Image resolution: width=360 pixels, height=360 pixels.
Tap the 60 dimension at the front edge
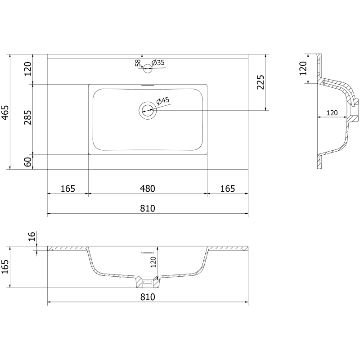28,162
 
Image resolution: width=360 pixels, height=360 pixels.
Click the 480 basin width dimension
147,189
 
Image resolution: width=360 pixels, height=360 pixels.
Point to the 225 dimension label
260,83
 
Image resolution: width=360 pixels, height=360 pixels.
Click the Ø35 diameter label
158,63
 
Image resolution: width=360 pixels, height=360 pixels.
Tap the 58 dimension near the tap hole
138,63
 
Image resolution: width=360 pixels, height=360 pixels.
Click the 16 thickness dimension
31,237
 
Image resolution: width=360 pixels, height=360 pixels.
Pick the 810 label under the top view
147,208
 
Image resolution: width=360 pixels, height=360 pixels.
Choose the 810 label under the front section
147,297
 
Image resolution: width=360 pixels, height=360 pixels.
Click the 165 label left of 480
67,189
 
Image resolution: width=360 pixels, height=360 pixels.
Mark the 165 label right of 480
227,189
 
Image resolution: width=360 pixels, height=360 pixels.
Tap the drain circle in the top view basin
148,109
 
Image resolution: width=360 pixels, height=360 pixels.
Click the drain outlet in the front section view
148,282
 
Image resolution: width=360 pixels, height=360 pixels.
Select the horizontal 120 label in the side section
332,113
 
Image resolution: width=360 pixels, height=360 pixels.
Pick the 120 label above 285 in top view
28,69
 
